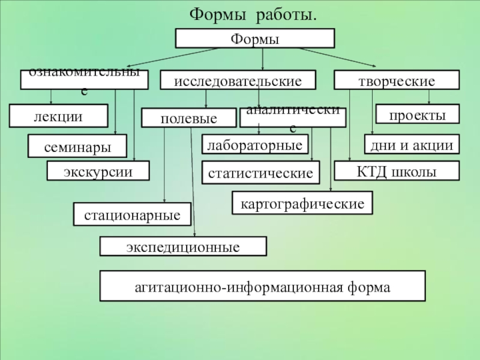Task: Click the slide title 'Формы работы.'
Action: click(x=253, y=14)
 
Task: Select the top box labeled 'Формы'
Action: click(x=254, y=38)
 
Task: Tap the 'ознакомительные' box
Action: click(x=84, y=80)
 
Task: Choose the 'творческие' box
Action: click(x=396, y=80)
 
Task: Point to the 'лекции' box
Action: click(x=58, y=115)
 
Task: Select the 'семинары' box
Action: click(x=78, y=145)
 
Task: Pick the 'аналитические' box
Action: click(x=293, y=118)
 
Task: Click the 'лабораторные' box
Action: click(x=255, y=145)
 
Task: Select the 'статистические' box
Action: click(x=260, y=173)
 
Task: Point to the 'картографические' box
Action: click(x=302, y=203)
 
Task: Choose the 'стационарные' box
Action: click(x=132, y=214)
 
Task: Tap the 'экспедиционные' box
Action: click(x=183, y=247)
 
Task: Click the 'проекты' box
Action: click(x=418, y=114)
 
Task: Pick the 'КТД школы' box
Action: click(x=397, y=171)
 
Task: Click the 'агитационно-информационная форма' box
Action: click(x=262, y=286)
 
